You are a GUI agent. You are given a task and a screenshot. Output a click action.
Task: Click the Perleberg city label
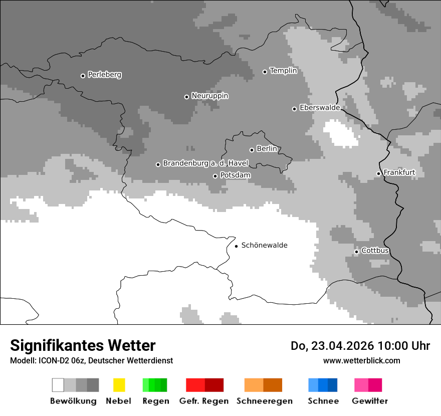(x=104, y=75)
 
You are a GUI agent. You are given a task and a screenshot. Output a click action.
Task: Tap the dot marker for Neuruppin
(x=186, y=97)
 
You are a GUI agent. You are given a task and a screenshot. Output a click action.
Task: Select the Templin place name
(x=283, y=71)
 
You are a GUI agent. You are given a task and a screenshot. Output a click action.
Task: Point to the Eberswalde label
(x=319, y=108)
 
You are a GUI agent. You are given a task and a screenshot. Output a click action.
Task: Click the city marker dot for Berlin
(x=252, y=150)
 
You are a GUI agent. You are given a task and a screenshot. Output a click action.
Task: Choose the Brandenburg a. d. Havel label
(x=205, y=163)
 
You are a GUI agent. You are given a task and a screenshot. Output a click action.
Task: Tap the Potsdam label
(x=235, y=175)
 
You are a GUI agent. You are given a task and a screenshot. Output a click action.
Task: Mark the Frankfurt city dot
(x=378, y=174)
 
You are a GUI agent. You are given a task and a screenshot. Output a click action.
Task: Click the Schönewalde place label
(x=264, y=246)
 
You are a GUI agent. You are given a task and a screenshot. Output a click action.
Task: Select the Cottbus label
(x=375, y=251)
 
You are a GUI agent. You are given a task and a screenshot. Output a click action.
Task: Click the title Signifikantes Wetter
(x=83, y=345)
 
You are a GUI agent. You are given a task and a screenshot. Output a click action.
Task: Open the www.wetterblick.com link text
(x=361, y=360)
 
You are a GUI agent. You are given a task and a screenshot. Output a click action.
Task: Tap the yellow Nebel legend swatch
(x=119, y=385)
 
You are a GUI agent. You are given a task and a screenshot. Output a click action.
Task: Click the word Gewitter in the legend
(x=369, y=401)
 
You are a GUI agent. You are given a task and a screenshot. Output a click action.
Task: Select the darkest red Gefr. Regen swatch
(x=214, y=385)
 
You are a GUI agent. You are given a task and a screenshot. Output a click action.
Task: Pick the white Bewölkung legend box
(x=58, y=385)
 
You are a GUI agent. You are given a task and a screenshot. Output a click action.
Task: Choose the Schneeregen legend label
(x=264, y=401)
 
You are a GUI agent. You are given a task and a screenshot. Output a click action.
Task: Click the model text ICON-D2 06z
(x=61, y=360)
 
